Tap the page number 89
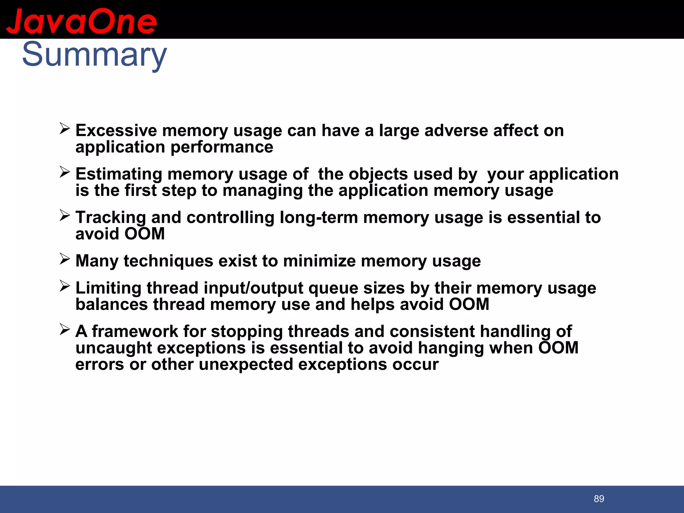click(x=599, y=499)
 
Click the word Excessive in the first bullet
click(x=116, y=130)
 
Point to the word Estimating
click(x=119, y=174)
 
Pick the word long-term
click(x=319, y=217)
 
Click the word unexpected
click(x=245, y=364)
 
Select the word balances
click(x=112, y=304)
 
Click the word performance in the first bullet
click(x=222, y=147)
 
